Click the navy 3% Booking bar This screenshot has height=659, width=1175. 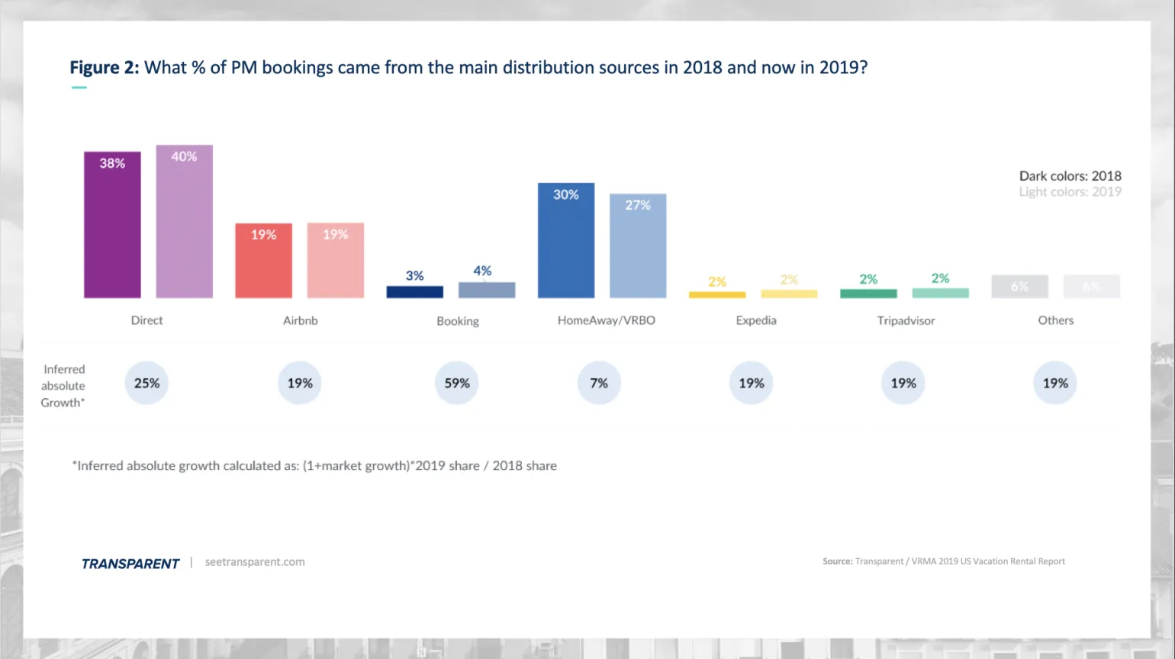(x=414, y=291)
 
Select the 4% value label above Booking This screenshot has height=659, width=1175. (x=482, y=271)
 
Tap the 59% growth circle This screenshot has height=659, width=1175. (x=457, y=383)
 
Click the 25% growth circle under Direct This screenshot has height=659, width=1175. (x=146, y=383)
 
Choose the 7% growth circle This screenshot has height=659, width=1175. (x=599, y=383)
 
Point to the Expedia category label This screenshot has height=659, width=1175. (x=756, y=320)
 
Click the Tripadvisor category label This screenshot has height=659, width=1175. (x=906, y=320)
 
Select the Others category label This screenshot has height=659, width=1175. (x=1055, y=320)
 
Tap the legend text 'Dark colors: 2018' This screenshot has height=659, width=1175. (x=1070, y=175)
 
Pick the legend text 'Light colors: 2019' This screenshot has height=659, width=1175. (x=1070, y=192)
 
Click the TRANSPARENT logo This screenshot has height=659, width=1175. (x=130, y=564)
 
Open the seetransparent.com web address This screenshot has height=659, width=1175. (x=255, y=562)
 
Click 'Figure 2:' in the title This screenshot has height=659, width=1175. (x=105, y=68)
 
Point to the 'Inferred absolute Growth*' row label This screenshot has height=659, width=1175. (x=63, y=386)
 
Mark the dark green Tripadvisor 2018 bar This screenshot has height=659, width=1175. (x=868, y=294)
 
